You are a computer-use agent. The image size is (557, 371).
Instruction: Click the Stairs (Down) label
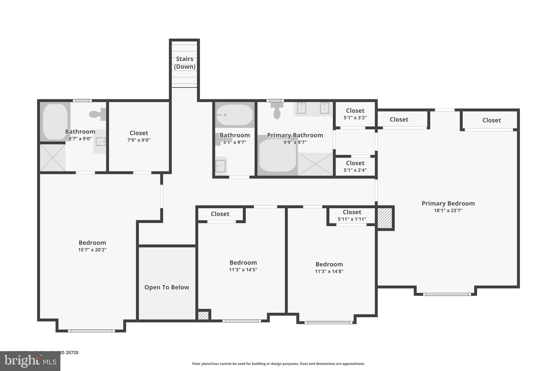tap(185, 63)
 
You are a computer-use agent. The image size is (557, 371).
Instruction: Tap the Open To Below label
tap(167, 287)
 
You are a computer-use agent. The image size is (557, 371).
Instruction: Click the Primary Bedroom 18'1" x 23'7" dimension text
tap(448, 210)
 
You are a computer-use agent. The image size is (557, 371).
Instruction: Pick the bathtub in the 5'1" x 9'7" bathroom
tap(234, 115)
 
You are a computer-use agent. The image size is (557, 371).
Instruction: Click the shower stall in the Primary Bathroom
tap(315, 164)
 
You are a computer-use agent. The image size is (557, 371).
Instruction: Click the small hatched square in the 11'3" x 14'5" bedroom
tap(203, 316)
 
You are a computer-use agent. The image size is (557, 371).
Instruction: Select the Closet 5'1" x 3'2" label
tap(355, 114)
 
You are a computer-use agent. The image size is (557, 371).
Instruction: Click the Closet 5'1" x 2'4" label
tap(355, 166)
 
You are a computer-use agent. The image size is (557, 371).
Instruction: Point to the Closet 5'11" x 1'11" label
tap(352, 215)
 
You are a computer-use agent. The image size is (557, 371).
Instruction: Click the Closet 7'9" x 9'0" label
tap(139, 136)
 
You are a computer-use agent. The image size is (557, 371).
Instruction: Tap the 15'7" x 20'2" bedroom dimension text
tap(92, 250)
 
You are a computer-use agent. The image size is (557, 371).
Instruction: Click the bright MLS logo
tap(30, 361)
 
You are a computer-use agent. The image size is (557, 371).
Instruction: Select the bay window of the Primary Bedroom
tap(447, 294)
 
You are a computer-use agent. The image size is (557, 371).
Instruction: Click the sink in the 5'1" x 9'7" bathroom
tap(221, 166)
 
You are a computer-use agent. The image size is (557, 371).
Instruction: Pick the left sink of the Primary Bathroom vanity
tap(302, 108)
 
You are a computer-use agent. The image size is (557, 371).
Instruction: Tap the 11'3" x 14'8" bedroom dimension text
tap(329, 271)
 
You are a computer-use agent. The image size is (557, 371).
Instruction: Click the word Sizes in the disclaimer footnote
tap(305, 364)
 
